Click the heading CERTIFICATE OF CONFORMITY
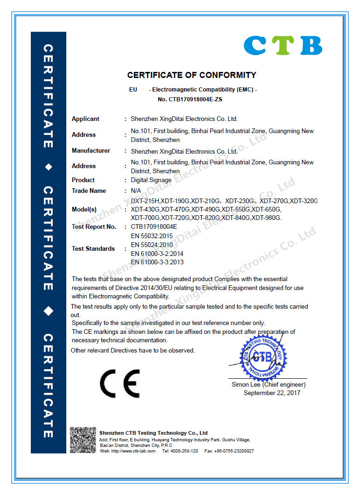192,75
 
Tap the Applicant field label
85,119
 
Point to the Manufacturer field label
91,151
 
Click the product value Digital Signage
151,180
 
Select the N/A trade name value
136,191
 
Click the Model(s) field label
84,209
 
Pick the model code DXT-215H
145,201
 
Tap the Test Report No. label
94,227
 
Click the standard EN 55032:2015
152,236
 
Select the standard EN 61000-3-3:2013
157,262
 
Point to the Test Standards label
93,249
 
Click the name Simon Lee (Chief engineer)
268,385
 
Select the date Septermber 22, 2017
272,393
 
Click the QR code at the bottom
83,440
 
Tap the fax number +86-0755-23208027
235,451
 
